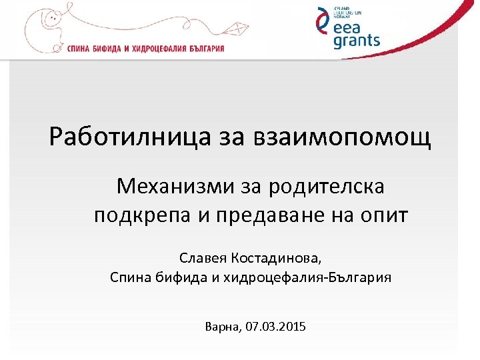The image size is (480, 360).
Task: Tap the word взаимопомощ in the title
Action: [343, 138]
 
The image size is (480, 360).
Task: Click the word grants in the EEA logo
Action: [357, 41]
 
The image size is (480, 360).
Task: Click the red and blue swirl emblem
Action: [323, 27]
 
